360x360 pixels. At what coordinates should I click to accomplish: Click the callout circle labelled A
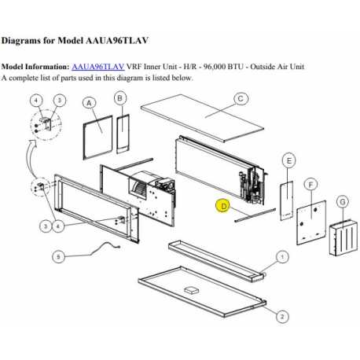tap(89, 103)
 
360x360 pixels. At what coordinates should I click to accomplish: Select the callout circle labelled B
tap(119, 97)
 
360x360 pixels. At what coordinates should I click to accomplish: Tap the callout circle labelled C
tap(241, 98)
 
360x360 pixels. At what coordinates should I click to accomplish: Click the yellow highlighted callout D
tap(223, 207)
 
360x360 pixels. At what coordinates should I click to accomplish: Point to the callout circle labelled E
tap(288, 160)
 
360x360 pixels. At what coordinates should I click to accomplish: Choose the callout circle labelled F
tap(312, 185)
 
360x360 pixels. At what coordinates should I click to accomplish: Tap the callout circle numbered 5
tap(58, 256)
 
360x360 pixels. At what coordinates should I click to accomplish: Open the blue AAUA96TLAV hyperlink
tap(97, 68)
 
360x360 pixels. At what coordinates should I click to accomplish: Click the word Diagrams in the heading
tap(25, 39)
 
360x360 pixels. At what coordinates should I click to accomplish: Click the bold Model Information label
tap(35, 68)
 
